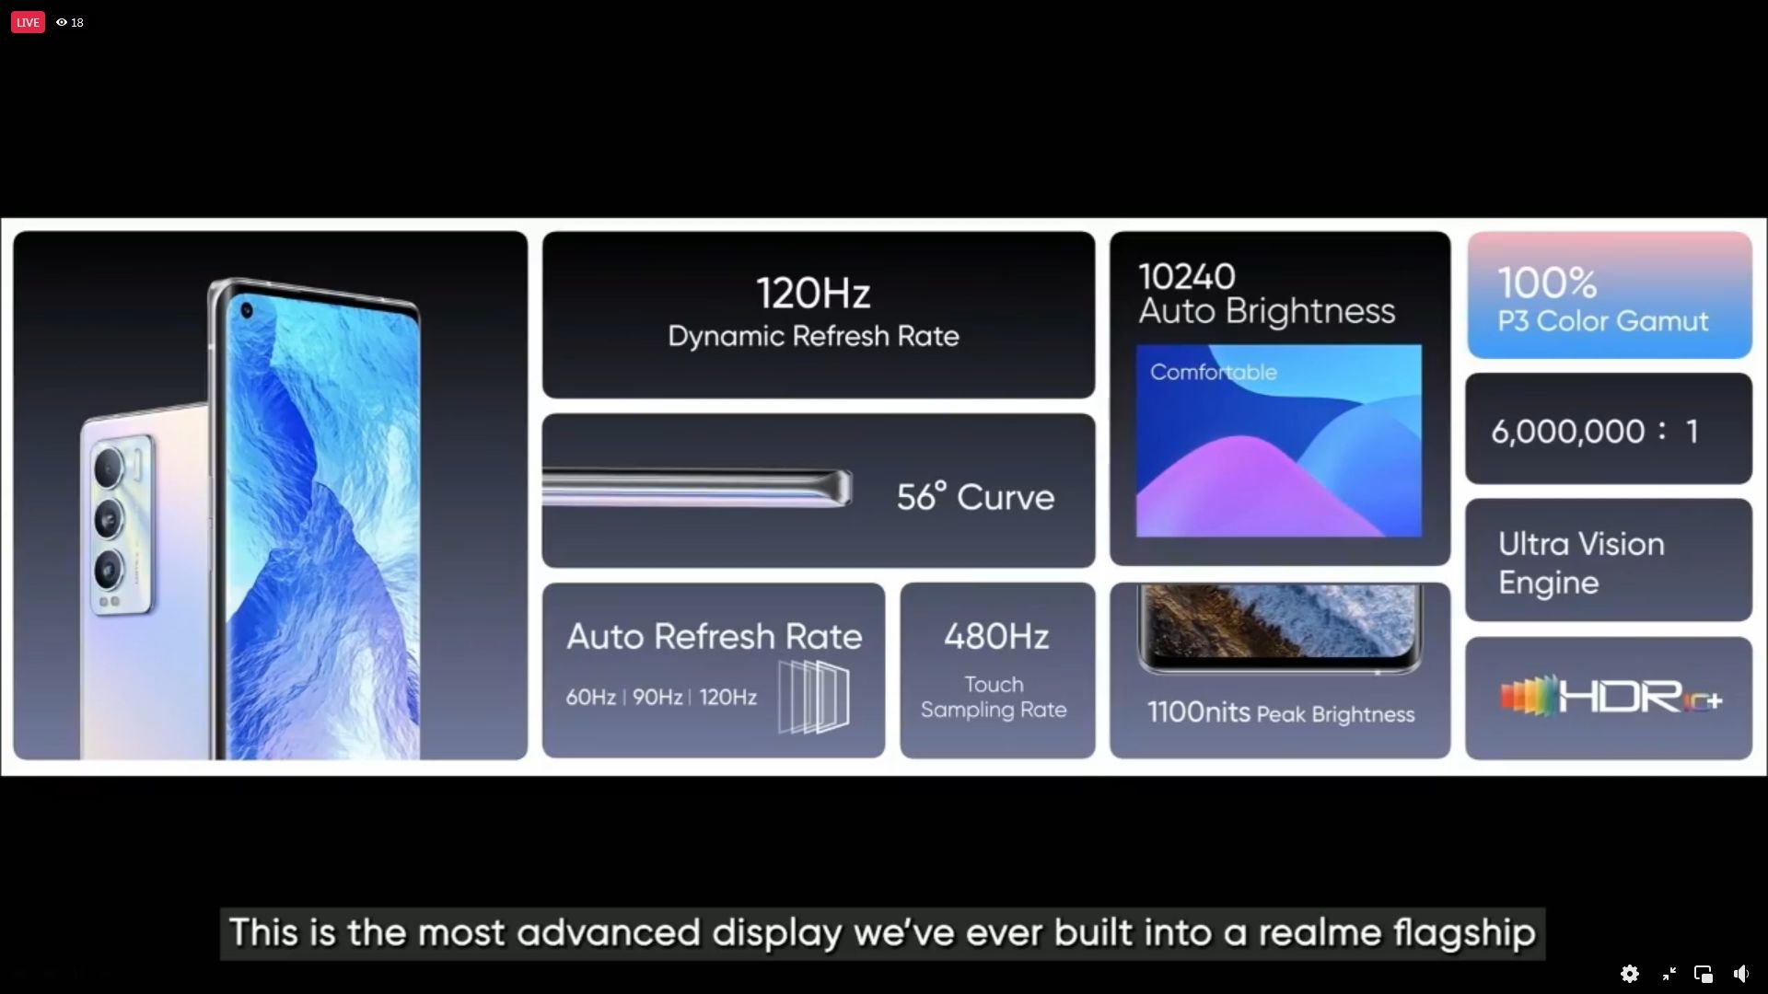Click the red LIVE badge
(x=28, y=22)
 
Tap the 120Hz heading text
(x=813, y=294)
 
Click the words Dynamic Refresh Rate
(x=813, y=336)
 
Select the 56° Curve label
(x=975, y=497)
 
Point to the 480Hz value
(x=996, y=636)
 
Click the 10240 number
(x=1186, y=276)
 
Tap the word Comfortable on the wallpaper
(x=1214, y=372)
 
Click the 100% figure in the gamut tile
(x=1547, y=283)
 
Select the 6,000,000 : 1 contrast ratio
(x=1595, y=431)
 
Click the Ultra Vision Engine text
(x=1581, y=562)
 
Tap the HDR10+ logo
(x=1611, y=697)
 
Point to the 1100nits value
(x=1198, y=711)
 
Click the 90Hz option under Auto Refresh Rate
(x=657, y=697)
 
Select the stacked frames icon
(x=814, y=696)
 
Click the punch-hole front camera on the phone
(x=247, y=311)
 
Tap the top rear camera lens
(x=110, y=468)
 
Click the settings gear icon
(x=1630, y=974)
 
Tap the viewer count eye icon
(x=62, y=22)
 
